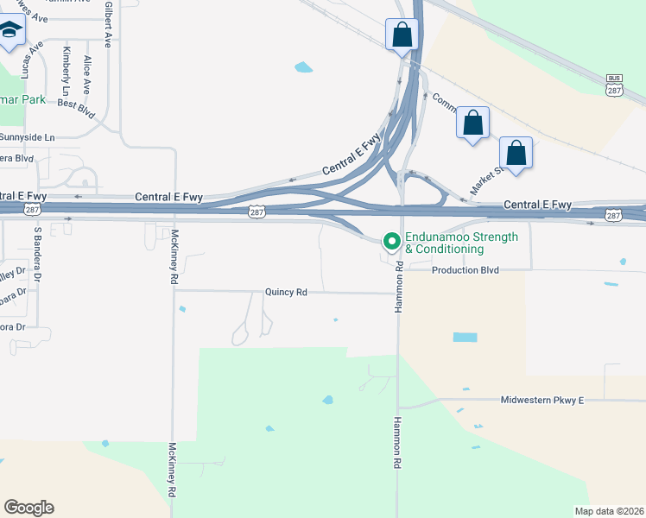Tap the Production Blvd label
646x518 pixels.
[x=465, y=270]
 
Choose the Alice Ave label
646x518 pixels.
[x=86, y=76]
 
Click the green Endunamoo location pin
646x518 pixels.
[x=391, y=241]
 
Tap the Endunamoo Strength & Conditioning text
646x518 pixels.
[x=462, y=243]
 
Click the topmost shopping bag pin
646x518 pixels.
[x=402, y=35]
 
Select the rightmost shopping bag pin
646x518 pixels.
[x=516, y=154]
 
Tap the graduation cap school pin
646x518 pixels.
[x=11, y=32]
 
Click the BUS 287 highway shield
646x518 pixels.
[x=614, y=85]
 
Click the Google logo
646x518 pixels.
[x=28, y=508]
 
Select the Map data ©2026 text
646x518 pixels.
[x=609, y=511]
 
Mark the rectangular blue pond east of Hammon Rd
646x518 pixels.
[x=465, y=337]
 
